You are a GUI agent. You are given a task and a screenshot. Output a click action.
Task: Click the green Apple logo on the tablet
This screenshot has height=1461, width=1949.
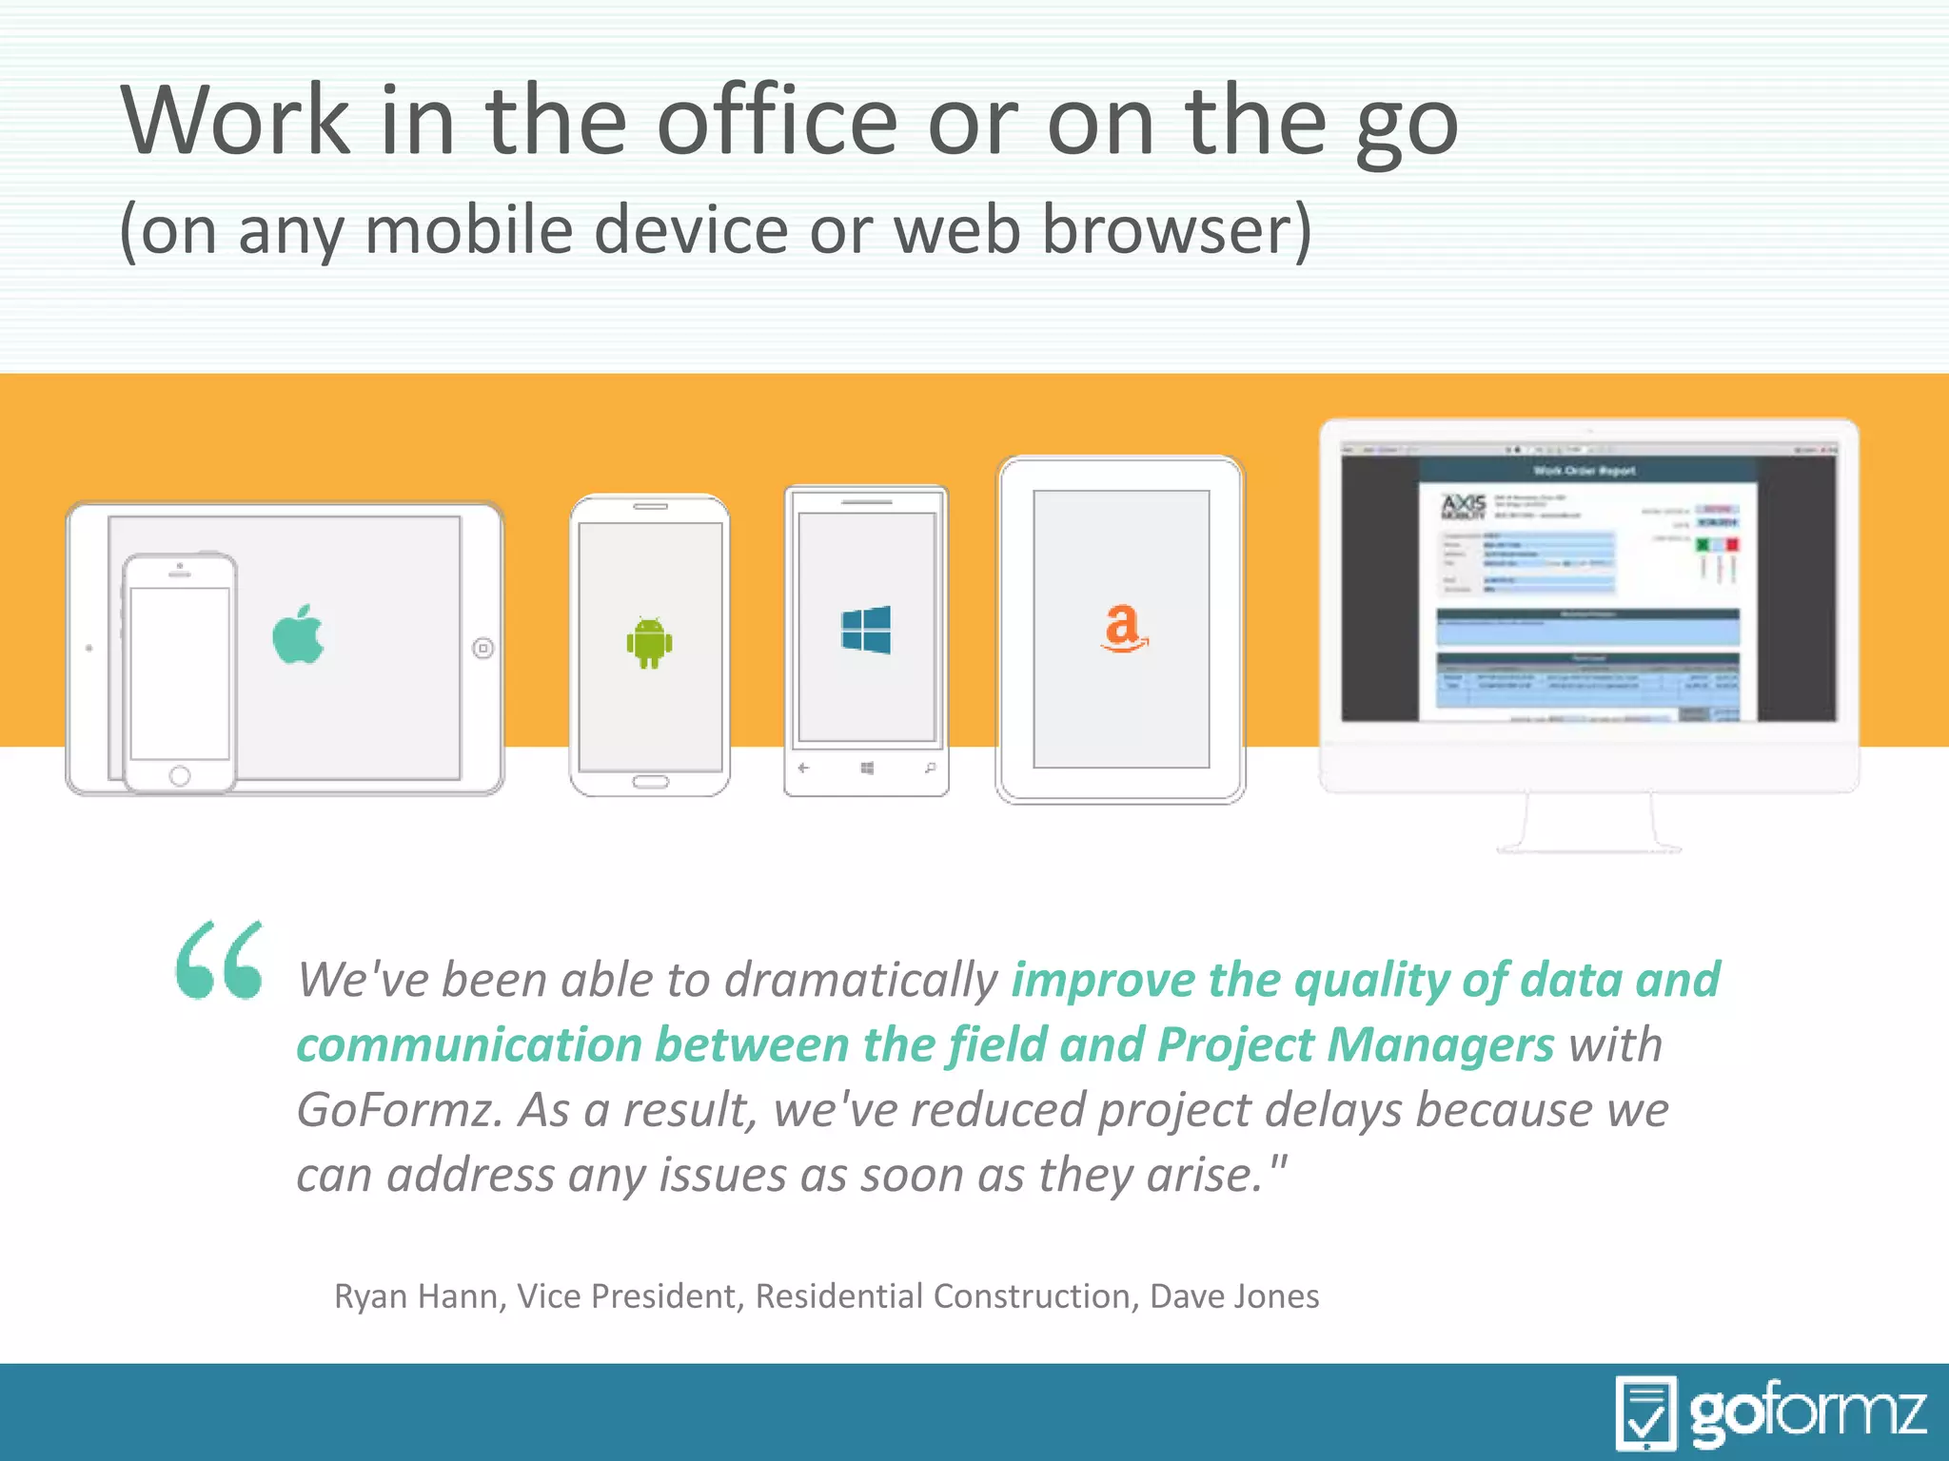click(x=298, y=634)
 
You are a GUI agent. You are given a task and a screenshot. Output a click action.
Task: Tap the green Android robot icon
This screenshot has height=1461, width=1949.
click(x=649, y=641)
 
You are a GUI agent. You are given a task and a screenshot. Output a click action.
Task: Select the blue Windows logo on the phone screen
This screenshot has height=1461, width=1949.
click(x=866, y=630)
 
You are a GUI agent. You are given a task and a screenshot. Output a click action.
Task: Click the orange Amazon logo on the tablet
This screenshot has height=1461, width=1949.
click(x=1123, y=628)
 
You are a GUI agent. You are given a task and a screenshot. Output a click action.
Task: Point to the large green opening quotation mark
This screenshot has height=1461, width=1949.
click(x=220, y=961)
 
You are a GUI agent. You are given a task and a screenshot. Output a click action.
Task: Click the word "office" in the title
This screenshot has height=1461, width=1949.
click(x=777, y=122)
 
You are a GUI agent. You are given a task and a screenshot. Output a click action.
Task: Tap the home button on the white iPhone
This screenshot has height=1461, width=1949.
click(x=180, y=776)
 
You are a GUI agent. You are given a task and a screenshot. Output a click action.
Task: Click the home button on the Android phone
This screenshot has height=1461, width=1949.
click(x=650, y=782)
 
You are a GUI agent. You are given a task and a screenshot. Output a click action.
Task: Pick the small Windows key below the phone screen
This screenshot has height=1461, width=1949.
click(x=867, y=768)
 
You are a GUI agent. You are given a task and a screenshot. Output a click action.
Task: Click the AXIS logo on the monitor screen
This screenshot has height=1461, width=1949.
click(x=1463, y=506)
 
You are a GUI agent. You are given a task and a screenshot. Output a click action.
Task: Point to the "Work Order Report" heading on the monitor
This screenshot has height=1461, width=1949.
click(x=1585, y=470)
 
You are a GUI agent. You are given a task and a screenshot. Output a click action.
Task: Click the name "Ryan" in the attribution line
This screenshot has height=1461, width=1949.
click(x=370, y=1296)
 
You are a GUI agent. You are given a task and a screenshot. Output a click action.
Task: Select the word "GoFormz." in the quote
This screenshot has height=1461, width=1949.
click(x=400, y=1110)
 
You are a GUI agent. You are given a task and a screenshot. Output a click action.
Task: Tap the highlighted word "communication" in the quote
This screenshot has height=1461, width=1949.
click(x=469, y=1044)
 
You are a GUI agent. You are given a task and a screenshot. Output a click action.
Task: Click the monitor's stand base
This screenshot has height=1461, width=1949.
click(x=1588, y=847)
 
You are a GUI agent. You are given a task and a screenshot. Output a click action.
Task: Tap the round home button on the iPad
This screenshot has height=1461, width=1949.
click(x=483, y=649)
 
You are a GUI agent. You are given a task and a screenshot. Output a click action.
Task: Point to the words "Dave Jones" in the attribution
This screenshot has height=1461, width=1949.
click(x=1234, y=1296)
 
